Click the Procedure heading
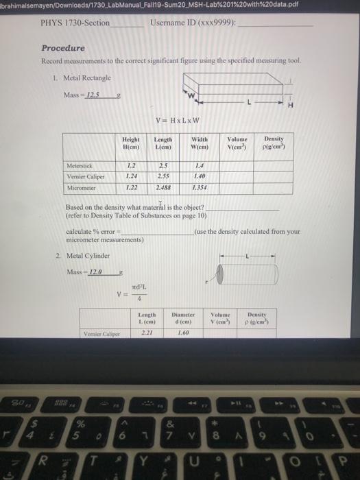click(x=63, y=48)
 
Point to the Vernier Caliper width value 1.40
click(x=200, y=176)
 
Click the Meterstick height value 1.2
click(x=125, y=165)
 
